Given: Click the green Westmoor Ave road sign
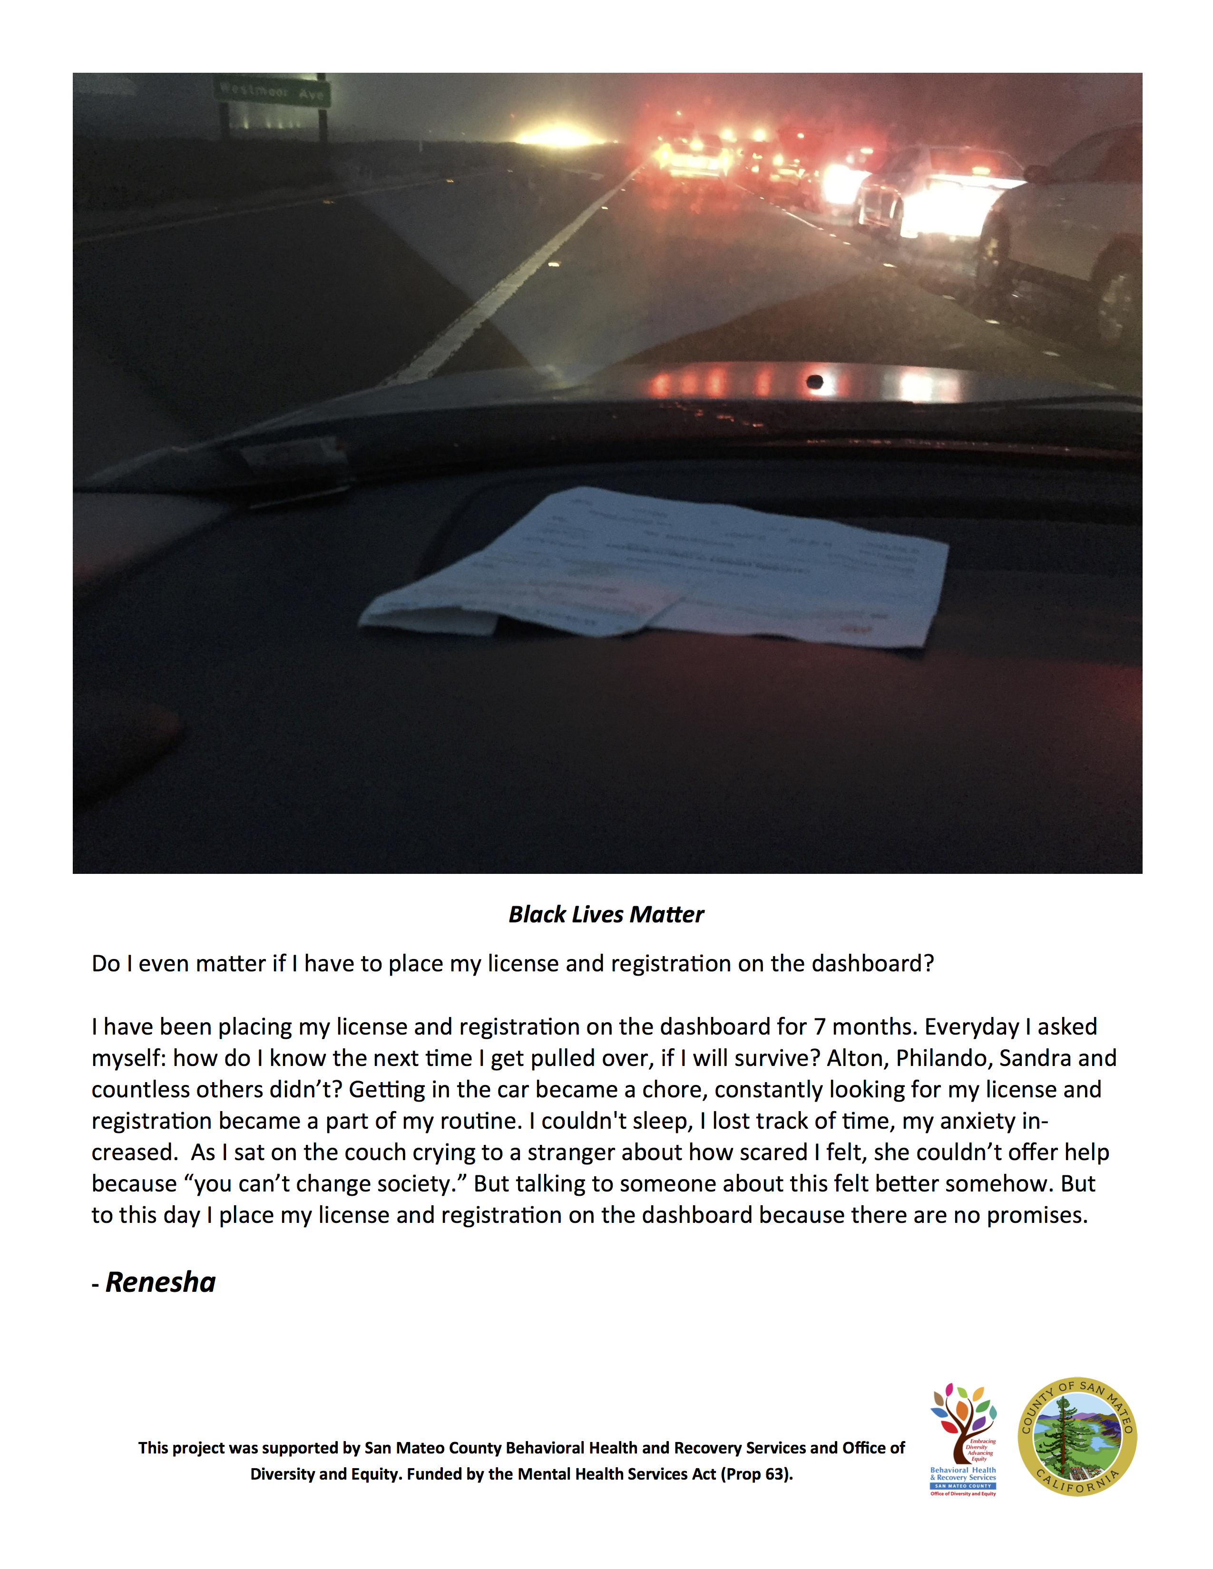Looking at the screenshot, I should coord(272,91).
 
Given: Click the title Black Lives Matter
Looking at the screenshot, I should coord(606,914).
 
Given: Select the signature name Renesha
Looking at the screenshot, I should coord(160,1282).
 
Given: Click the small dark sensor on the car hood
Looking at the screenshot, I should coord(815,381).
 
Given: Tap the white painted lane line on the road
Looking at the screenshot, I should coord(503,287).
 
